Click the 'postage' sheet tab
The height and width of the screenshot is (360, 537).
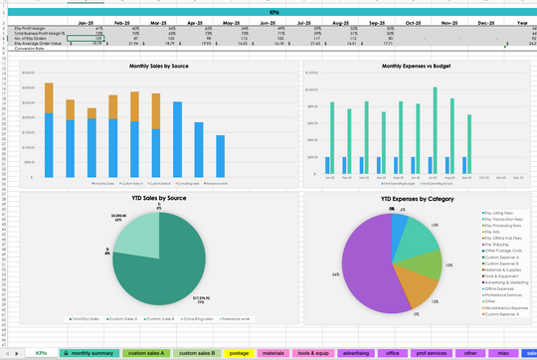coord(238,352)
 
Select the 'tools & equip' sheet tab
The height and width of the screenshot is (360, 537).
coord(314,352)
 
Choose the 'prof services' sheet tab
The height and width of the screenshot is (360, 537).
coord(430,352)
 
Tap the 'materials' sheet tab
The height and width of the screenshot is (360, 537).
coord(272,352)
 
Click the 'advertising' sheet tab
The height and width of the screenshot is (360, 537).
coord(356,352)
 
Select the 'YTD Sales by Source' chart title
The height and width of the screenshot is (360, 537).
coord(159,199)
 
